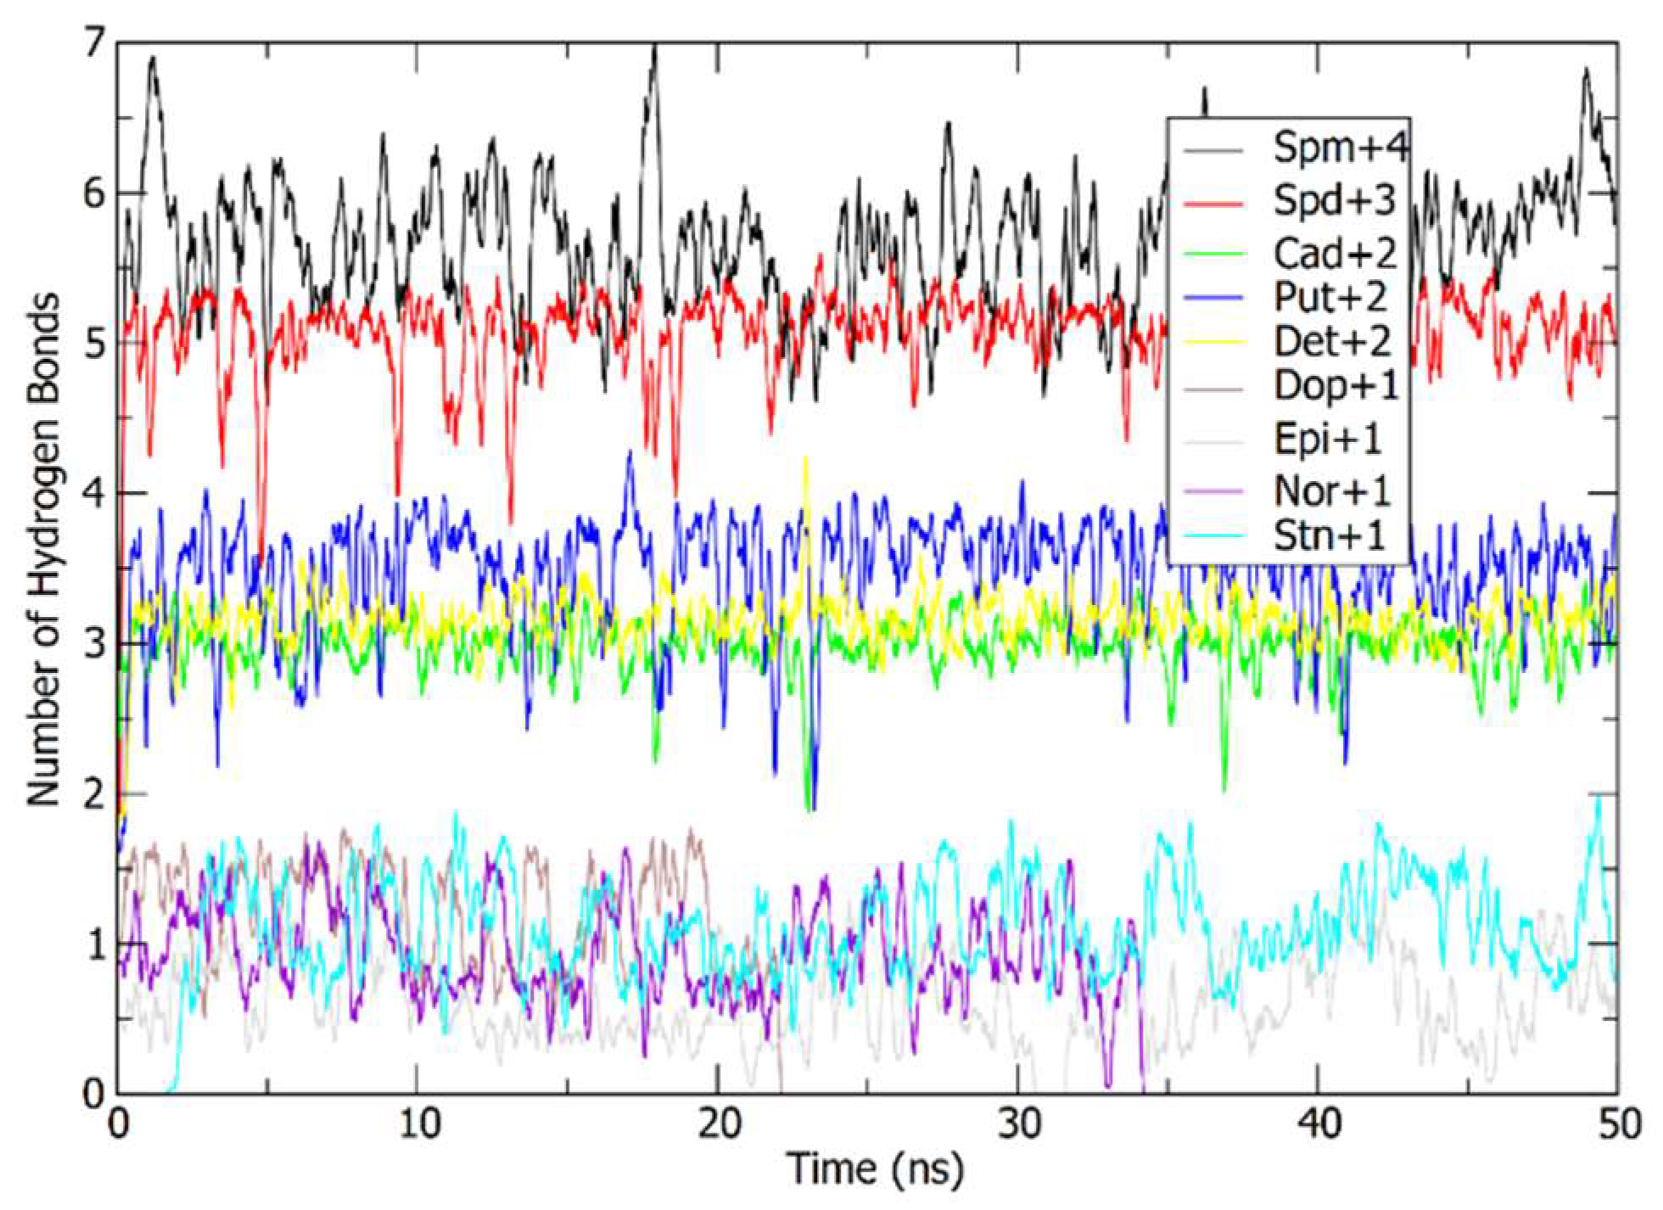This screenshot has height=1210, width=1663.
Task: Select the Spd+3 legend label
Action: [x=1334, y=201]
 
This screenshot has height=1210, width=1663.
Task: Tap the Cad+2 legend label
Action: [x=1335, y=252]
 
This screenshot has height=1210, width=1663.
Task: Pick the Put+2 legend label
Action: [x=1330, y=296]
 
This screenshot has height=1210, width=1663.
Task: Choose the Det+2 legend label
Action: [x=1332, y=341]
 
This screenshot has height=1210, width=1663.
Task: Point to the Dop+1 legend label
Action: [x=1335, y=386]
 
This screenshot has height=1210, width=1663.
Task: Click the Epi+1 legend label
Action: [x=1327, y=439]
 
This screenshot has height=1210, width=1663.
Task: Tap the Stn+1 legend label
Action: [x=1329, y=535]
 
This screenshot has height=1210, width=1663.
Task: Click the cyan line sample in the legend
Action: [x=1213, y=535]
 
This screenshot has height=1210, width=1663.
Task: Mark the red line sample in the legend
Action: [x=1213, y=203]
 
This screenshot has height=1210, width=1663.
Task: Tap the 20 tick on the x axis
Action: [x=718, y=1124]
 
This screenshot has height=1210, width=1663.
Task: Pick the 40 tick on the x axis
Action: [x=1318, y=1124]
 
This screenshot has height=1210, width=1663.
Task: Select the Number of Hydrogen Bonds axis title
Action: [x=42, y=550]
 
